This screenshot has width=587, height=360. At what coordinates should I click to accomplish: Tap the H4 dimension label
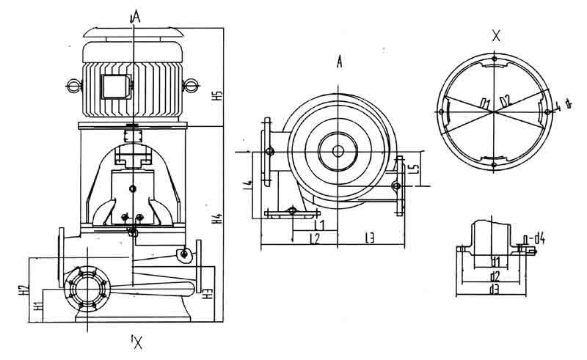click(x=217, y=218)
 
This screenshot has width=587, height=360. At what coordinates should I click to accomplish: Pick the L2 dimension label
click(x=314, y=238)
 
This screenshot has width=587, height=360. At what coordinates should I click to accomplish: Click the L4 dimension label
click(x=249, y=177)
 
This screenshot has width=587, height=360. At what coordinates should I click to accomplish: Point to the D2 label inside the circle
click(x=505, y=100)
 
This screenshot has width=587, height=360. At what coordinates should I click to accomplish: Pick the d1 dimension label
click(x=495, y=261)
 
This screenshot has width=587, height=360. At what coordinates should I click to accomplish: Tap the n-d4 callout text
click(x=537, y=237)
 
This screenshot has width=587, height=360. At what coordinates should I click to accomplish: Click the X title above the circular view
click(x=497, y=34)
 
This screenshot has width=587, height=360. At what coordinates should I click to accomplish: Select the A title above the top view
click(x=340, y=62)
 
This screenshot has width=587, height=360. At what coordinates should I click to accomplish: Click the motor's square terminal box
click(x=113, y=86)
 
